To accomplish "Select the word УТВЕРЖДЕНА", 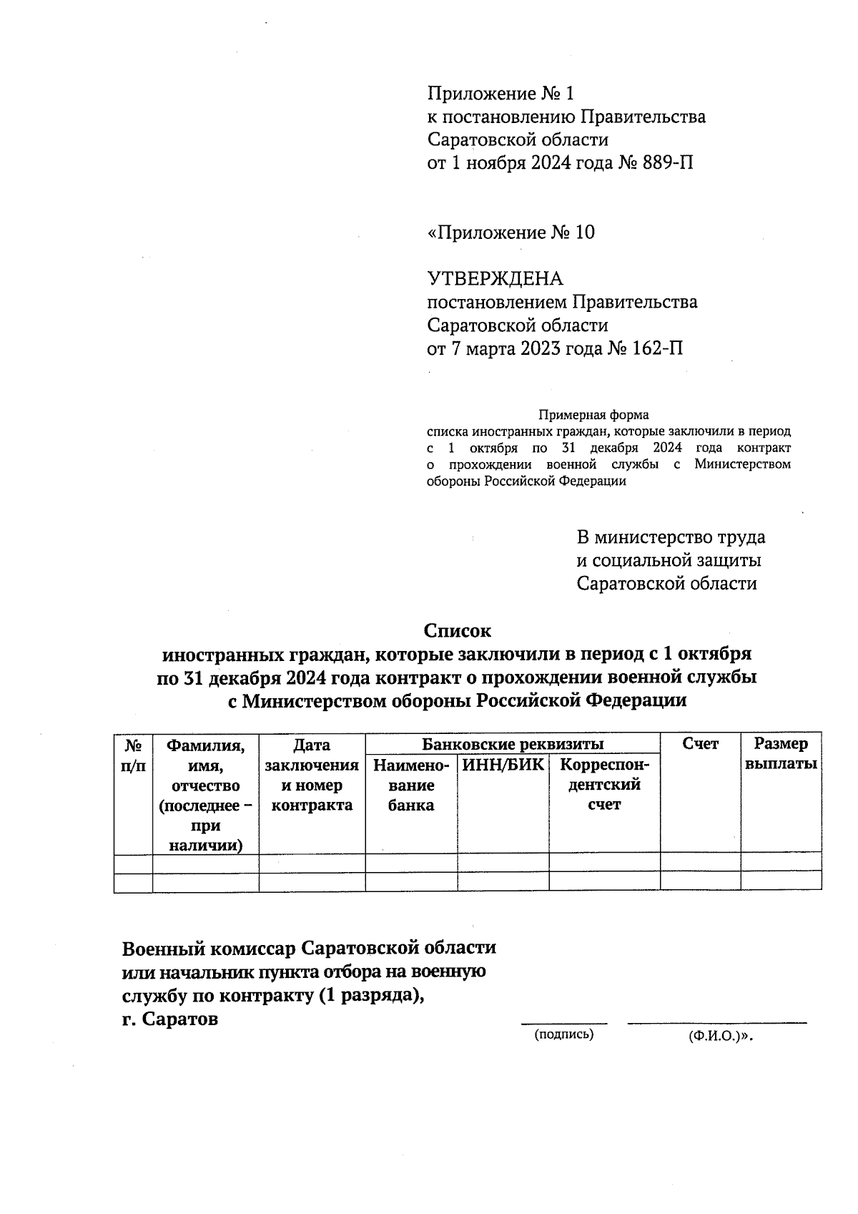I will [495, 279].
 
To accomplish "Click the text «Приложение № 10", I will [511, 232].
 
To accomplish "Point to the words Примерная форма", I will [593, 415].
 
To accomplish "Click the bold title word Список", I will [458, 631].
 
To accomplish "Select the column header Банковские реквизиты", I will [512, 744].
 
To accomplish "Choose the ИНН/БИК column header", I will [503, 765].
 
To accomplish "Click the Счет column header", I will [700, 744].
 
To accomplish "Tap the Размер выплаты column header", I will [781, 754].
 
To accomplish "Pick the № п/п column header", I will [133, 755].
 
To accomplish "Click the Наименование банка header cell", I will [411, 785].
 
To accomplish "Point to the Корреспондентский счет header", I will [604, 785].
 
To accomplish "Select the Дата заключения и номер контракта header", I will [312, 775].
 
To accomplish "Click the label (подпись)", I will [564, 1034].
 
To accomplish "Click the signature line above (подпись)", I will [563, 1024].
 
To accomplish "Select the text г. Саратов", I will [170, 1019].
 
